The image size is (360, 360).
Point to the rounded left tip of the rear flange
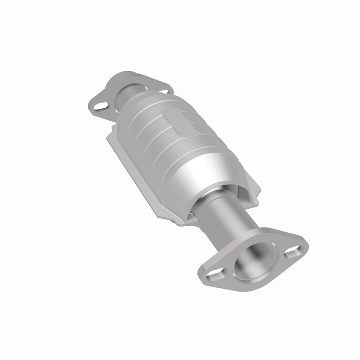coord(91,106)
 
